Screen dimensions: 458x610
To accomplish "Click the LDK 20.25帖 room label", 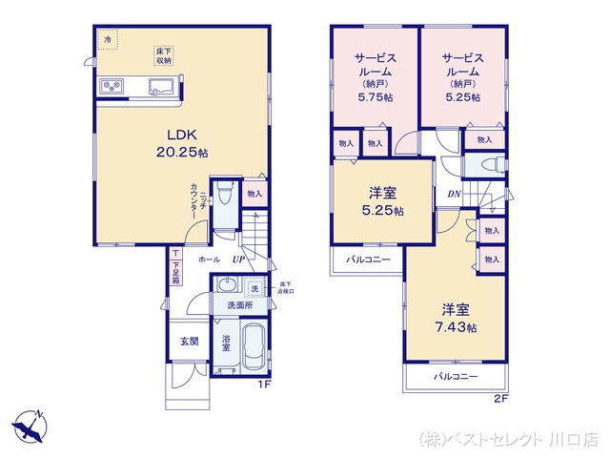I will (x=184, y=143).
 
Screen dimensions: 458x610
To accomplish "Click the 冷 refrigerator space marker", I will (x=107, y=40).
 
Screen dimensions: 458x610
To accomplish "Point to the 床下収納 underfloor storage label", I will (x=165, y=54).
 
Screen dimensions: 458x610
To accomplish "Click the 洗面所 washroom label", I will (x=238, y=305).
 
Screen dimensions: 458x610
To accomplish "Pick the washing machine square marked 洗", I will (x=254, y=287).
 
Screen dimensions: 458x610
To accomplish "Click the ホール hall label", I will (x=209, y=260).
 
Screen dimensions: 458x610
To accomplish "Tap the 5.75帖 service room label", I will (x=372, y=76).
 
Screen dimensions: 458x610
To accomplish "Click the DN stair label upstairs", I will (x=455, y=195).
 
